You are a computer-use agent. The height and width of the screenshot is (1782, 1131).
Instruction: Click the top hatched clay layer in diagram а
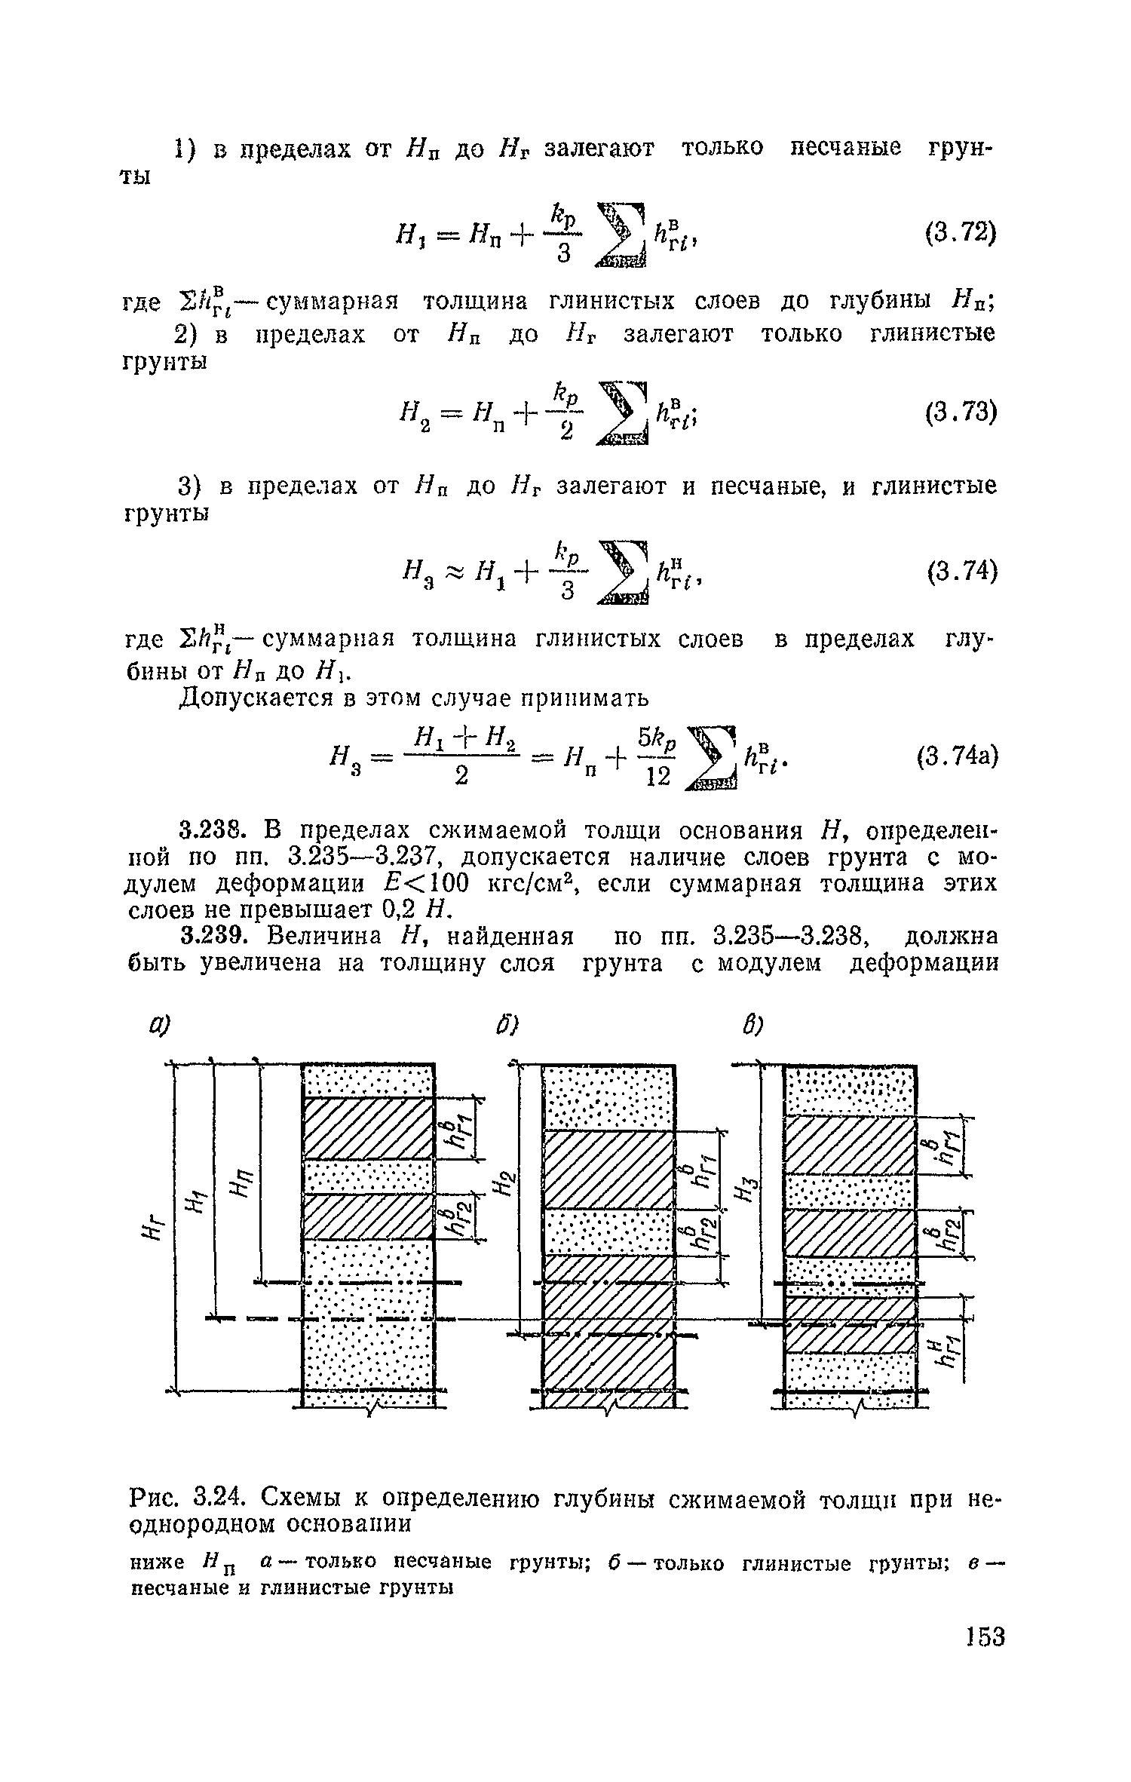pyautogui.click(x=368, y=1128)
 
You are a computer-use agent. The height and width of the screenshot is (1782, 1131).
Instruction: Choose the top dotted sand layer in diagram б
pyautogui.click(x=608, y=1097)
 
